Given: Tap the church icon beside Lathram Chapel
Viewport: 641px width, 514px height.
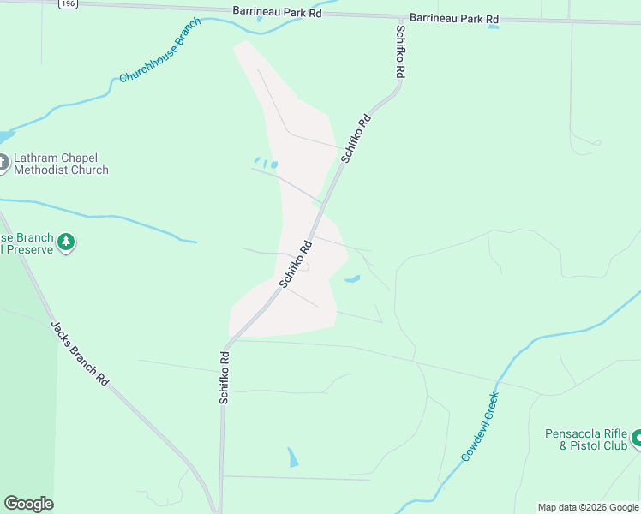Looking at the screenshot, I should click(3, 162).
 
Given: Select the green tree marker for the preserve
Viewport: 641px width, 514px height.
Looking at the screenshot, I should click(66, 242).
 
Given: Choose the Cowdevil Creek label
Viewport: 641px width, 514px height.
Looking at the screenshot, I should click(480, 427).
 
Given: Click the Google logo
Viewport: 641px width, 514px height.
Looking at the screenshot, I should click(28, 504).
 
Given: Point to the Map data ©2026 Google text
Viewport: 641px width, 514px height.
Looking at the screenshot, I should click(588, 507).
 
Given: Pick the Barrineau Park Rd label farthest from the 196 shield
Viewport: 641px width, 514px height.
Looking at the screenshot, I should click(453, 17).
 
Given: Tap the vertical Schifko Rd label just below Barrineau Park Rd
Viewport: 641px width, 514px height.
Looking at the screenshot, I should click(400, 52).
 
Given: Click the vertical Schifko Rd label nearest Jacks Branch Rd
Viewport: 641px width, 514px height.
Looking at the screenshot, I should click(224, 377).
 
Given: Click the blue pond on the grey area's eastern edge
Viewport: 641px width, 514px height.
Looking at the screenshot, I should click(351, 278).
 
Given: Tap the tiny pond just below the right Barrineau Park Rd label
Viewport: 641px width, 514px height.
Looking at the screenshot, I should click(494, 27).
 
